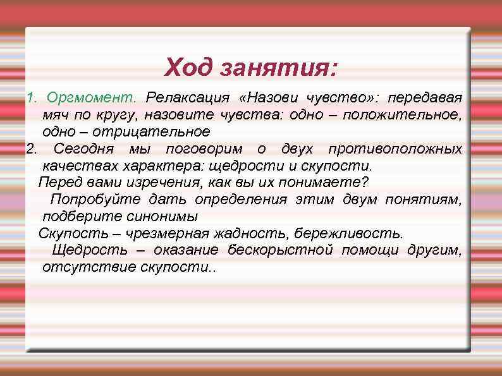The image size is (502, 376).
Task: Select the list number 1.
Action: [x=29, y=99]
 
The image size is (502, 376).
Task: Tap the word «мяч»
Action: [x=55, y=115]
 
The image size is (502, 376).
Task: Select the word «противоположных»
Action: [x=395, y=149]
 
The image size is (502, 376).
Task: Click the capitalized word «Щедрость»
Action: [x=89, y=250]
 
